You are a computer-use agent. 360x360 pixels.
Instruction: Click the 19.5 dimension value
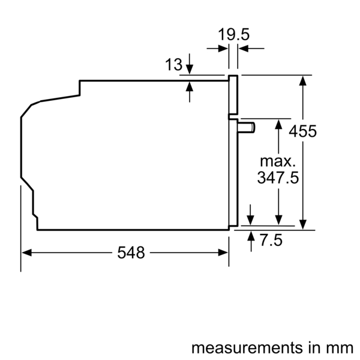coord(233,35)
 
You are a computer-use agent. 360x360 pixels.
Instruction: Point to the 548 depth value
coord(131,253)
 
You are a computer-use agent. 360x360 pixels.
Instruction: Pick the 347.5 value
coord(278,178)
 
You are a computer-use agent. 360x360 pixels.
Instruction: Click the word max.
coord(278,161)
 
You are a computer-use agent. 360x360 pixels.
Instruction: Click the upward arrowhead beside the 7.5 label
coord(251,233)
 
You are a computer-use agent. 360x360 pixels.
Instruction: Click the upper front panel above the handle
coord(233,96)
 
